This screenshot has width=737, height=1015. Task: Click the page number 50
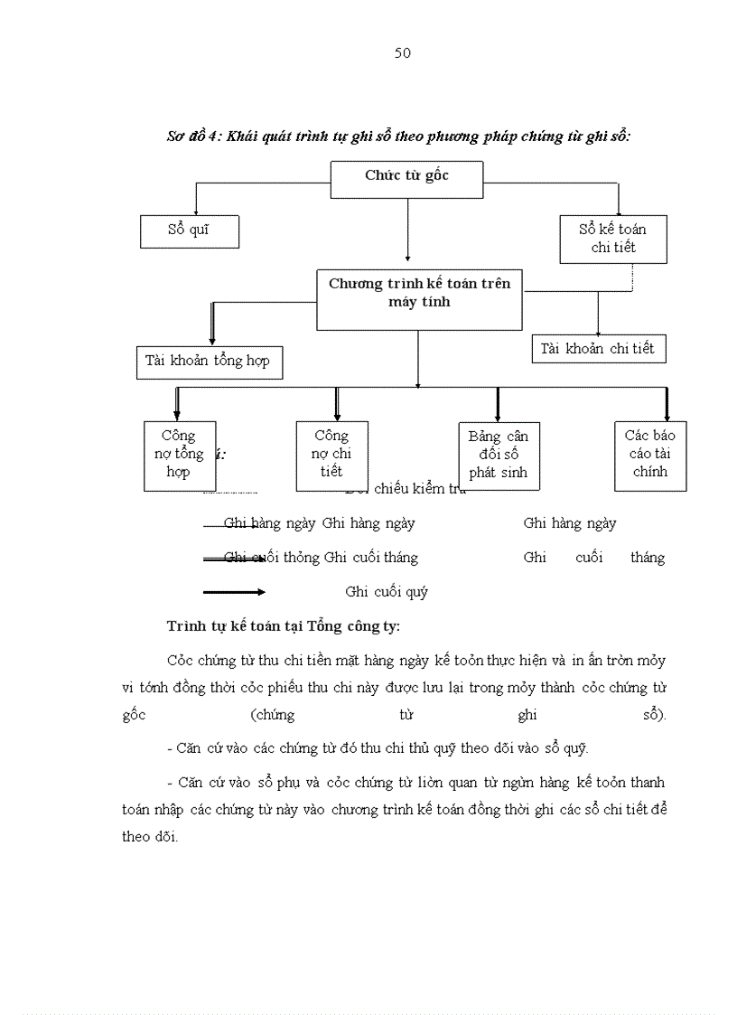pyautogui.click(x=403, y=53)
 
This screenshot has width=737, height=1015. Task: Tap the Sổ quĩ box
pyautogui.click(x=189, y=230)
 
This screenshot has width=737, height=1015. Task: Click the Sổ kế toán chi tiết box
pyautogui.click(x=613, y=239)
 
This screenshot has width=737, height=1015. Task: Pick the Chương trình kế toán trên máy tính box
pyautogui.click(x=419, y=298)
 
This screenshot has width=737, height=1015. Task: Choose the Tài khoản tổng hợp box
pyautogui.click(x=208, y=361)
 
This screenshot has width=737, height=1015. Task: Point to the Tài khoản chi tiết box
pyautogui.click(x=598, y=349)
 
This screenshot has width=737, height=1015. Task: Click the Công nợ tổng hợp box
pyautogui.click(x=179, y=455)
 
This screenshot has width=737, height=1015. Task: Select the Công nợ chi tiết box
pyautogui.click(x=331, y=455)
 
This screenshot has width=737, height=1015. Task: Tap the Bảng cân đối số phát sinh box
pyautogui.click(x=498, y=456)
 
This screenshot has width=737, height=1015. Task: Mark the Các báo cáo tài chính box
pyautogui.click(x=650, y=455)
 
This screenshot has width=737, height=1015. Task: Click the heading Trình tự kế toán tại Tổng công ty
pyautogui.click(x=284, y=626)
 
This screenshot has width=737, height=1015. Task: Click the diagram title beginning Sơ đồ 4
pyautogui.click(x=398, y=136)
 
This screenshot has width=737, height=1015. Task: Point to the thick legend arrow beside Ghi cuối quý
pyautogui.click(x=234, y=592)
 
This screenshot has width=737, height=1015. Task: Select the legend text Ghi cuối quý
pyautogui.click(x=387, y=592)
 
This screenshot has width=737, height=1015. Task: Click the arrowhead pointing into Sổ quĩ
pyautogui.click(x=195, y=211)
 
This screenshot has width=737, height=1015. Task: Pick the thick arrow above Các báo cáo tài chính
pyautogui.click(x=667, y=404)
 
